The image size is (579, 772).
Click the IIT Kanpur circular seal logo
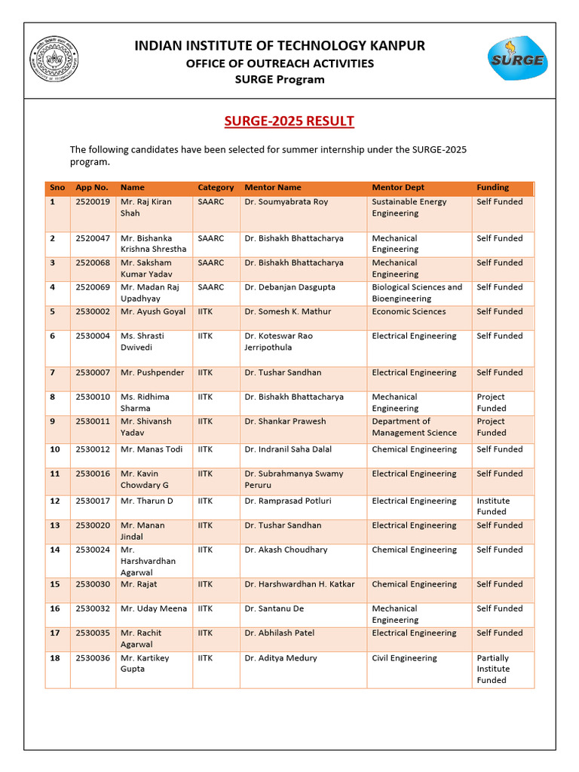(54, 60)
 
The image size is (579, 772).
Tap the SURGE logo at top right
(516, 58)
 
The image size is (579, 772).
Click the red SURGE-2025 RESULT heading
(289, 121)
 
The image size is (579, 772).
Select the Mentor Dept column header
(398, 188)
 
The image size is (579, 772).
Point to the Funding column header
(492, 188)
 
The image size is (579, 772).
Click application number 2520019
(93, 202)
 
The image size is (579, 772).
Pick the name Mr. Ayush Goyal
(153, 311)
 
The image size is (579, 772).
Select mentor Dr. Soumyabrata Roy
(286, 202)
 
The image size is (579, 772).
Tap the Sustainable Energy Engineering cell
(409, 207)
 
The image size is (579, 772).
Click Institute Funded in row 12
(493, 506)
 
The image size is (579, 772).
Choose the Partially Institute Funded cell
(493, 669)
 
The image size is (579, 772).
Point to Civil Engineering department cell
(404, 658)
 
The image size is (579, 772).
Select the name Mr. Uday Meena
(154, 608)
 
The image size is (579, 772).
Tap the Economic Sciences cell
(409, 311)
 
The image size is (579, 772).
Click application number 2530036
(93, 658)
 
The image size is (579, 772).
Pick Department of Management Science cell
(414, 427)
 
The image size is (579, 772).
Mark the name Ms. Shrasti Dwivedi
(142, 342)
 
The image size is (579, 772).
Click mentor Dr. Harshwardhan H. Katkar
(299, 584)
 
